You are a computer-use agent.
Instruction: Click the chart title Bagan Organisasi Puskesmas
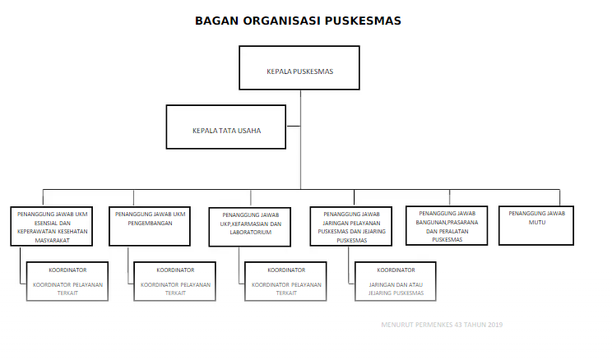point(298,21)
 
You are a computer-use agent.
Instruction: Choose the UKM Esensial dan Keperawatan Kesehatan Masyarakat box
point(53,225)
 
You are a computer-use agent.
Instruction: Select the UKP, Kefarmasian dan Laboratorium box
point(251,226)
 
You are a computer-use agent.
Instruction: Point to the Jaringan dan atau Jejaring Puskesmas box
point(396,281)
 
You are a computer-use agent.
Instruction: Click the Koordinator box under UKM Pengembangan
point(175,281)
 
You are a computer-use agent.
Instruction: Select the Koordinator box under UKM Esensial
point(67,281)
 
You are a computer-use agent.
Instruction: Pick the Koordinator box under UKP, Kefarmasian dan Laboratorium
point(286,281)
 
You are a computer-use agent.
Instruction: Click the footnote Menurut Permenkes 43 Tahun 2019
point(442,325)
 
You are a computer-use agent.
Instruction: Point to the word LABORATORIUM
point(251,233)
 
